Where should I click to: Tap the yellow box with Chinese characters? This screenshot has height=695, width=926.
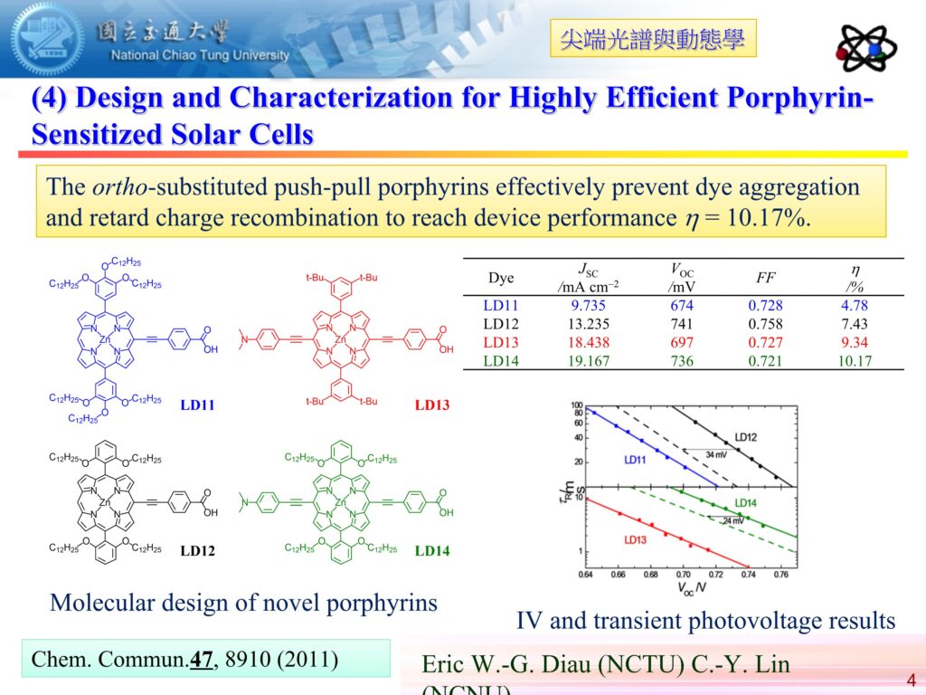click(652, 39)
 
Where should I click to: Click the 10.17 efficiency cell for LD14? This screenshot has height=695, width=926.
click(853, 360)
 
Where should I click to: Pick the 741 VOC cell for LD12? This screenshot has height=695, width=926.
click(683, 324)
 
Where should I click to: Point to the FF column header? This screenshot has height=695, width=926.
click(765, 277)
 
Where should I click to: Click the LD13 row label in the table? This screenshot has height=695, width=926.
click(501, 342)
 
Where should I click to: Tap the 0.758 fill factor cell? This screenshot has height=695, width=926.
click(765, 324)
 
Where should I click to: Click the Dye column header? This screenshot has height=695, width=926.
click(501, 277)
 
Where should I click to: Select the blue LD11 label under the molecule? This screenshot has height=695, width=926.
click(197, 405)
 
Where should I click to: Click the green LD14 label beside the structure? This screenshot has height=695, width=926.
click(432, 549)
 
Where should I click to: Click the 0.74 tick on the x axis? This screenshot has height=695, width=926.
click(747, 574)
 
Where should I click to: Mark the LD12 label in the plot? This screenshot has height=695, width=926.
click(746, 437)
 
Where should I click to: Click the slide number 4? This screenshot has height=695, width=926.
click(910, 680)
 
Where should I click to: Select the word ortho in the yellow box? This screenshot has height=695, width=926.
click(121, 188)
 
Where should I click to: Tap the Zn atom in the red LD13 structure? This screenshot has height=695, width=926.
click(341, 339)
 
